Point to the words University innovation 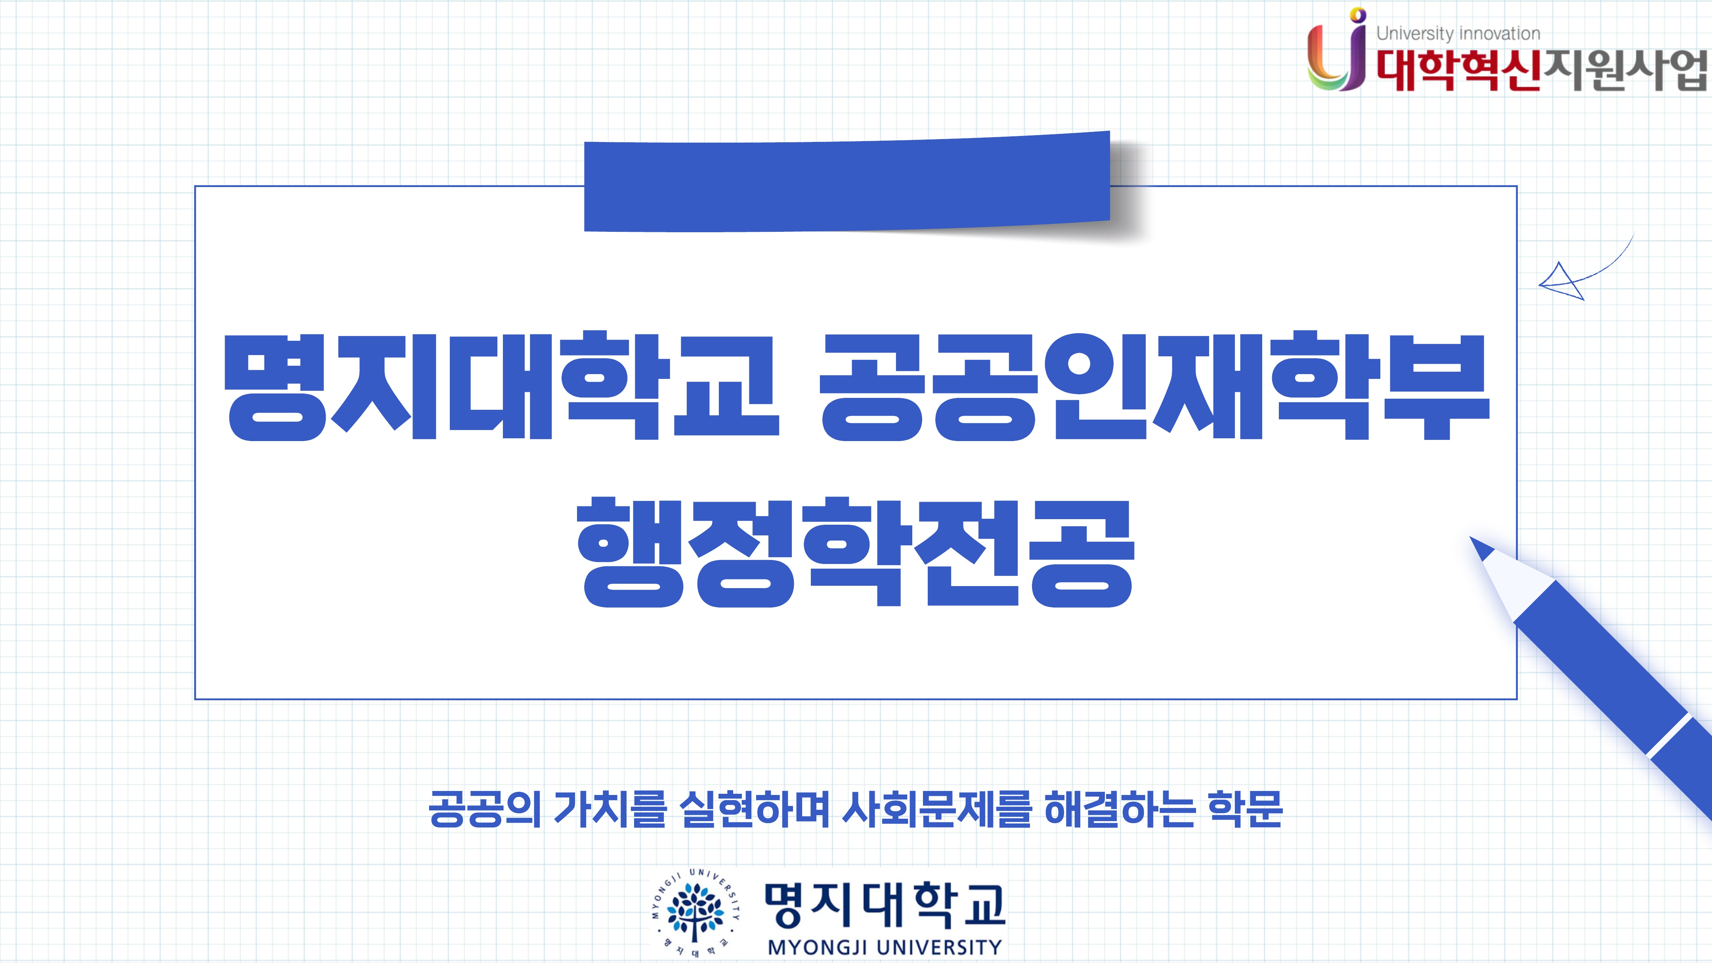[1458, 33]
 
